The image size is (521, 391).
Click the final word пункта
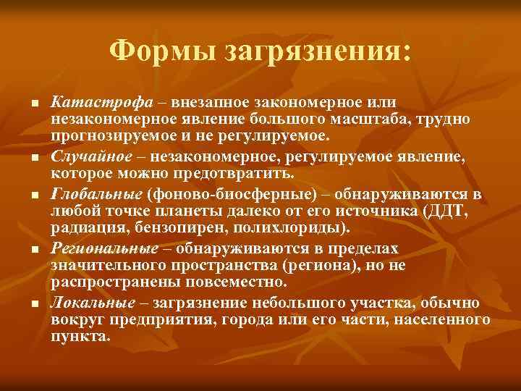79,337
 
